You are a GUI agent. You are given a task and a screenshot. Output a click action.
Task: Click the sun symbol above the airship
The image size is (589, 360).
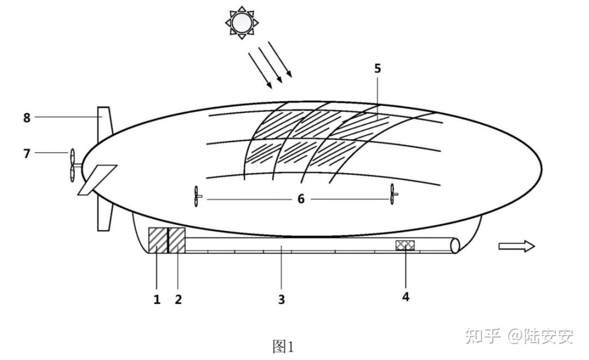pyautogui.click(x=242, y=22)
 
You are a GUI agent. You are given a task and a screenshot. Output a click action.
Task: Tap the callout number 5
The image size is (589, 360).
pyautogui.click(x=377, y=68)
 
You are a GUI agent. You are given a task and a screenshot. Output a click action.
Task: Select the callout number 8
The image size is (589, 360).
pyautogui.click(x=27, y=118)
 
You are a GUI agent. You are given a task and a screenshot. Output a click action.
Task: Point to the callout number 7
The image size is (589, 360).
pyautogui.click(x=27, y=153)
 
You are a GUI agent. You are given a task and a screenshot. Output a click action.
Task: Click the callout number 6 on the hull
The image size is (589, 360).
pyautogui.click(x=301, y=199)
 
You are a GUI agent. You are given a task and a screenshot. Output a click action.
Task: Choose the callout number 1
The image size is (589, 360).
pyautogui.click(x=157, y=299)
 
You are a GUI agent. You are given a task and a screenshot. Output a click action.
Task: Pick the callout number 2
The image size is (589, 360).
pyautogui.click(x=178, y=299)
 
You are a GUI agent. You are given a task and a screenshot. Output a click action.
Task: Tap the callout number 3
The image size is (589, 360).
pyautogui.click(x=281, y=299)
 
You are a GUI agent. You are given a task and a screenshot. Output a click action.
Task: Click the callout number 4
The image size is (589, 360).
pyautogui.click(x=406, y=297)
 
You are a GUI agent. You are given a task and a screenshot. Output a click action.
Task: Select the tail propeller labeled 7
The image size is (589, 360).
pyautogui.click(x=74, y=165)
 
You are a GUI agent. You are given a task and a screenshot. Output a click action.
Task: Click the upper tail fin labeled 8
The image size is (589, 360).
pyautogui.click(x=104, y=124)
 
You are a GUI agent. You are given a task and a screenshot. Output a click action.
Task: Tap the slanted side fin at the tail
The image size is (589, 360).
pyautogui.click(x=97, y=180)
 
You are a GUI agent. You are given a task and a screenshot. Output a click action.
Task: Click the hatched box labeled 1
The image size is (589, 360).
pyautogui.click(x=158, y=240)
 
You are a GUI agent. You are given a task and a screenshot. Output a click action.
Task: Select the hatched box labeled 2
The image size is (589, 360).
pyautogui.click(x=177, y=240)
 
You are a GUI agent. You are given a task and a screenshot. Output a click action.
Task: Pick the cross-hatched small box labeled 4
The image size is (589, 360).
pyautogui.click(x=405, y=245)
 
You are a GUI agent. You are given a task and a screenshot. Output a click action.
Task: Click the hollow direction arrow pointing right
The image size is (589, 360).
pyautogui.click(x=516, y=246)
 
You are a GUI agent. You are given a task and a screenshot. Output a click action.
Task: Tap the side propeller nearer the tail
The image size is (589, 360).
pyautogui.click(x=197, y=196)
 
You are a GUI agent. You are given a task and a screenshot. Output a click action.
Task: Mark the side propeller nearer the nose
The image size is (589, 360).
pyautogui.click(x=393, y=194)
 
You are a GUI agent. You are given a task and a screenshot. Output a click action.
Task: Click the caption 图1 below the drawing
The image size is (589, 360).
pyautogui.click(x=283, y=346)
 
